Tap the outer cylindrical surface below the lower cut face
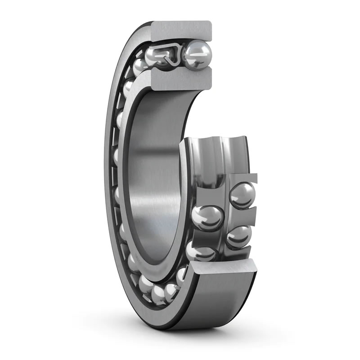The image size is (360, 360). coord(220,306)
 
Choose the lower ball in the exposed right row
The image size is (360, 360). coord(239,236)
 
